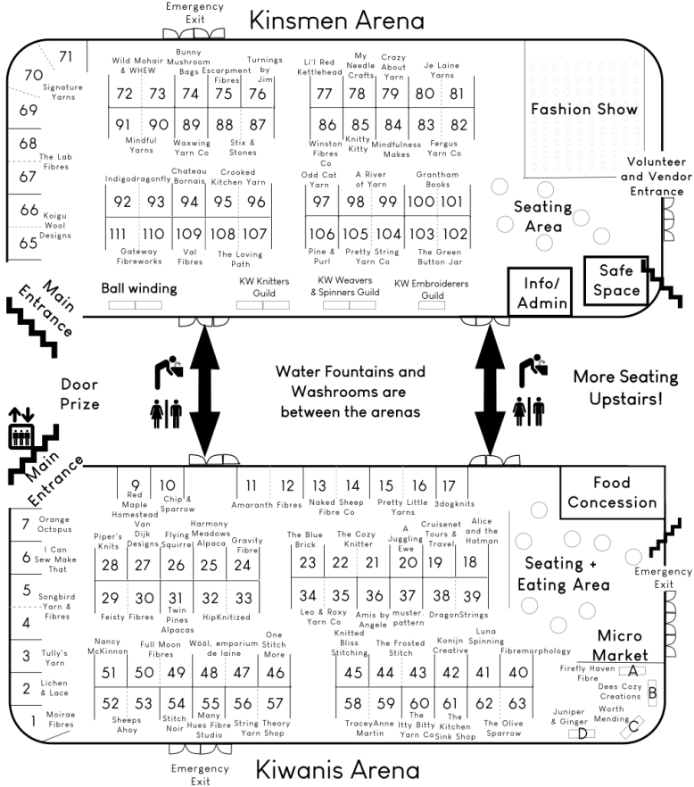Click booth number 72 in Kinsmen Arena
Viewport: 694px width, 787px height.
(x=124, y=94)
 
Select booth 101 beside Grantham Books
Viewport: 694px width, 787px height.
(x=452, y=202)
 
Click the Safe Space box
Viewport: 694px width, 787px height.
(x=619, y=280)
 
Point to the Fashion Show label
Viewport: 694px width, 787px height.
(x=584, y=110)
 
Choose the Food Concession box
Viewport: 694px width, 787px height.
(x=612, y=492)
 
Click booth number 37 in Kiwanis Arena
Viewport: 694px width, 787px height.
(x=408, y=595)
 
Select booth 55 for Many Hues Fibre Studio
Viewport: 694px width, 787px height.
(x=210, y=703)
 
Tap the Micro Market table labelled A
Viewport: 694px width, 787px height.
(x=632, y=669)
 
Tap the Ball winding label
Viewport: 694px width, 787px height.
(x=138, y=288)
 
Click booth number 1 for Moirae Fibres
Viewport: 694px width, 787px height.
(x=25, y=720)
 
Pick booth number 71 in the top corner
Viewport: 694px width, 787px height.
(x=65, y=56)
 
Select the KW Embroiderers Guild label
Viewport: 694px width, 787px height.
(x=432, y=289)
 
